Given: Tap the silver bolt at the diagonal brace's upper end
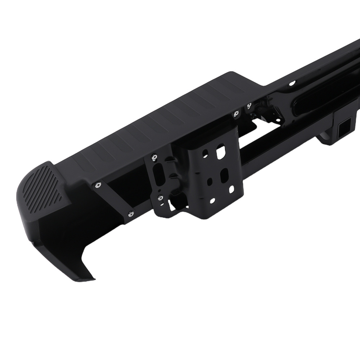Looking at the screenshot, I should [x=98, y=185].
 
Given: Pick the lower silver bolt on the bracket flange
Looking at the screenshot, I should [x=159, y=197].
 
